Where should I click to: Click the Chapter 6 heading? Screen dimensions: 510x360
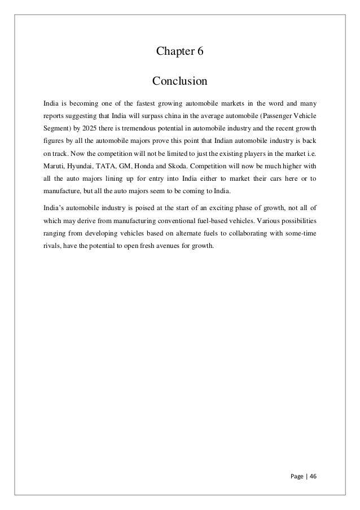[x=179, y=53]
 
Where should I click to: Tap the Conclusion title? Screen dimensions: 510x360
[x=180, y=82]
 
